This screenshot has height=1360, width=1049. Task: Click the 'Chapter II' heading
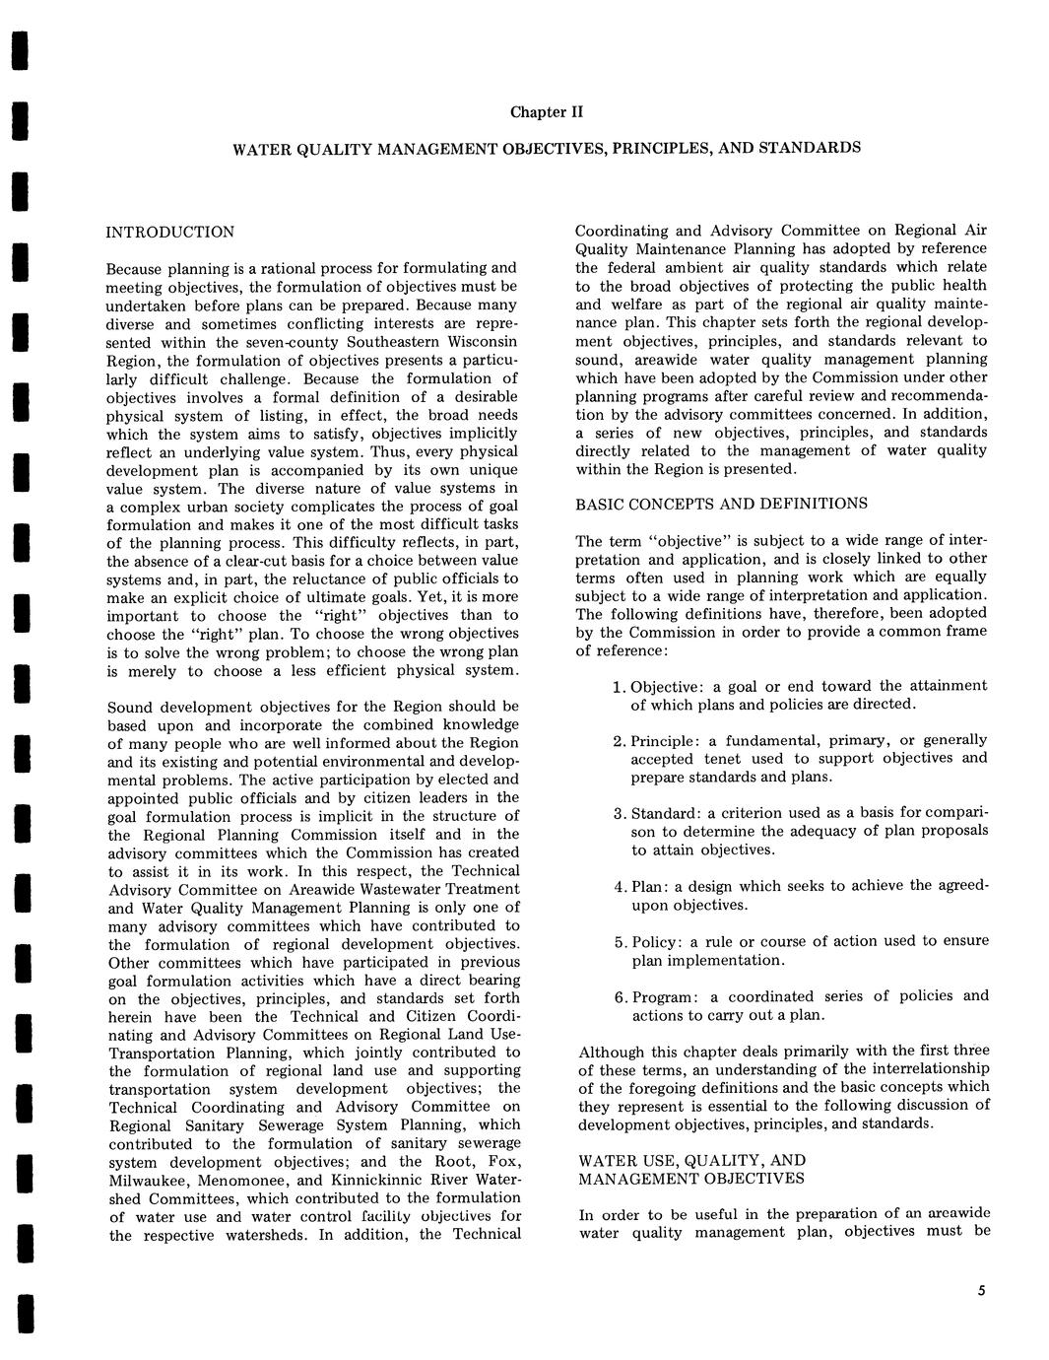[x=547, y=111]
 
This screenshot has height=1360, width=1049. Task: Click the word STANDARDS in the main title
[x=813, y=148]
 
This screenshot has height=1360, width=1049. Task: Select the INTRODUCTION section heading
[x=170, y=233]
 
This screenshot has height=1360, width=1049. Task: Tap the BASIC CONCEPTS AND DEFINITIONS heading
[x=721, y=504]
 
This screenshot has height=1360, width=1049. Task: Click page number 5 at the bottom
[x=981, y=1292]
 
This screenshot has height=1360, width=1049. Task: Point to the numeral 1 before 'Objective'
[x=617, y=687]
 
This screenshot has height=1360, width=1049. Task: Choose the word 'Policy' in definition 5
[x=655, y=941]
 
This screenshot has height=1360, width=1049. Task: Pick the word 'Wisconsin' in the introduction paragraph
[x=480, y=342]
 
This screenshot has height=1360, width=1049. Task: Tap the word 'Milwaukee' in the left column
[x=149, y=1181]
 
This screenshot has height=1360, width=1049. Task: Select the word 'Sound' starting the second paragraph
[x=133, y=707]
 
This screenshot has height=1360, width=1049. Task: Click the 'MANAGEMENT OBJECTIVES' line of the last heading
[x=691, y=1179]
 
